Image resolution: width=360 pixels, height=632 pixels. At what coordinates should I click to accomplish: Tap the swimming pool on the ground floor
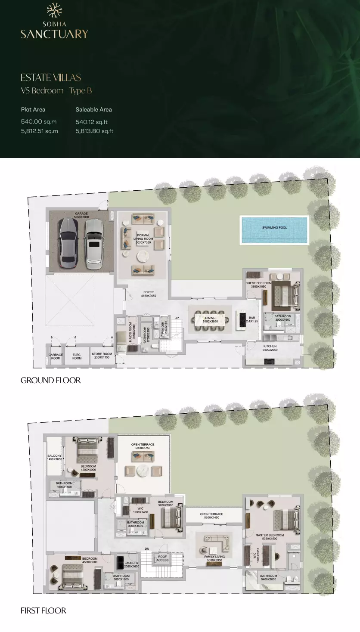coord(274,230)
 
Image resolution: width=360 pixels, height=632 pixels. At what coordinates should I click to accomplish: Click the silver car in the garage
coord(93,244)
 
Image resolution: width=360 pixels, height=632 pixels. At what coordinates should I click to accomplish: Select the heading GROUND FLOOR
coord(50,381)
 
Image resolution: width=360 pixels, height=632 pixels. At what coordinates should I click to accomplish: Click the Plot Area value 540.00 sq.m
coord(39,122)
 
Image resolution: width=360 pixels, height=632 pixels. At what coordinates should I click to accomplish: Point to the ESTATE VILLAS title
coord(51,77)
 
